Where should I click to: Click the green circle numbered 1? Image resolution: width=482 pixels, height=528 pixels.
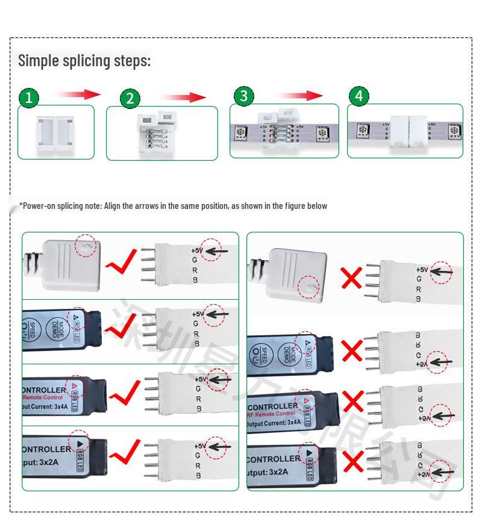[28, 98]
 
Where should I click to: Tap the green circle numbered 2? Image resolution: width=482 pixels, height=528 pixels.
[130, 99]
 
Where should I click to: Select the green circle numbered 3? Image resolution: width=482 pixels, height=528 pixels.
[243, 96]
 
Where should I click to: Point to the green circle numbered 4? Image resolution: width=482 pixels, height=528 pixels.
[359, 96]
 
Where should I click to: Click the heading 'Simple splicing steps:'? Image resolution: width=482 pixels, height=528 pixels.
[84, 61]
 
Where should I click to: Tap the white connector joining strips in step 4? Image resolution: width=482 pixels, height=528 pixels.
[408, 131]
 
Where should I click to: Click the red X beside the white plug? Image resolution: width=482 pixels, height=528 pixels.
[351, 278]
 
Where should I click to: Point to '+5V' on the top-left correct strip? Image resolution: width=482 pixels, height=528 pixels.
[199, 250]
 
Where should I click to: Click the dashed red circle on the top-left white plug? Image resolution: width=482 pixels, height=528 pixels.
[86, 245]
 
